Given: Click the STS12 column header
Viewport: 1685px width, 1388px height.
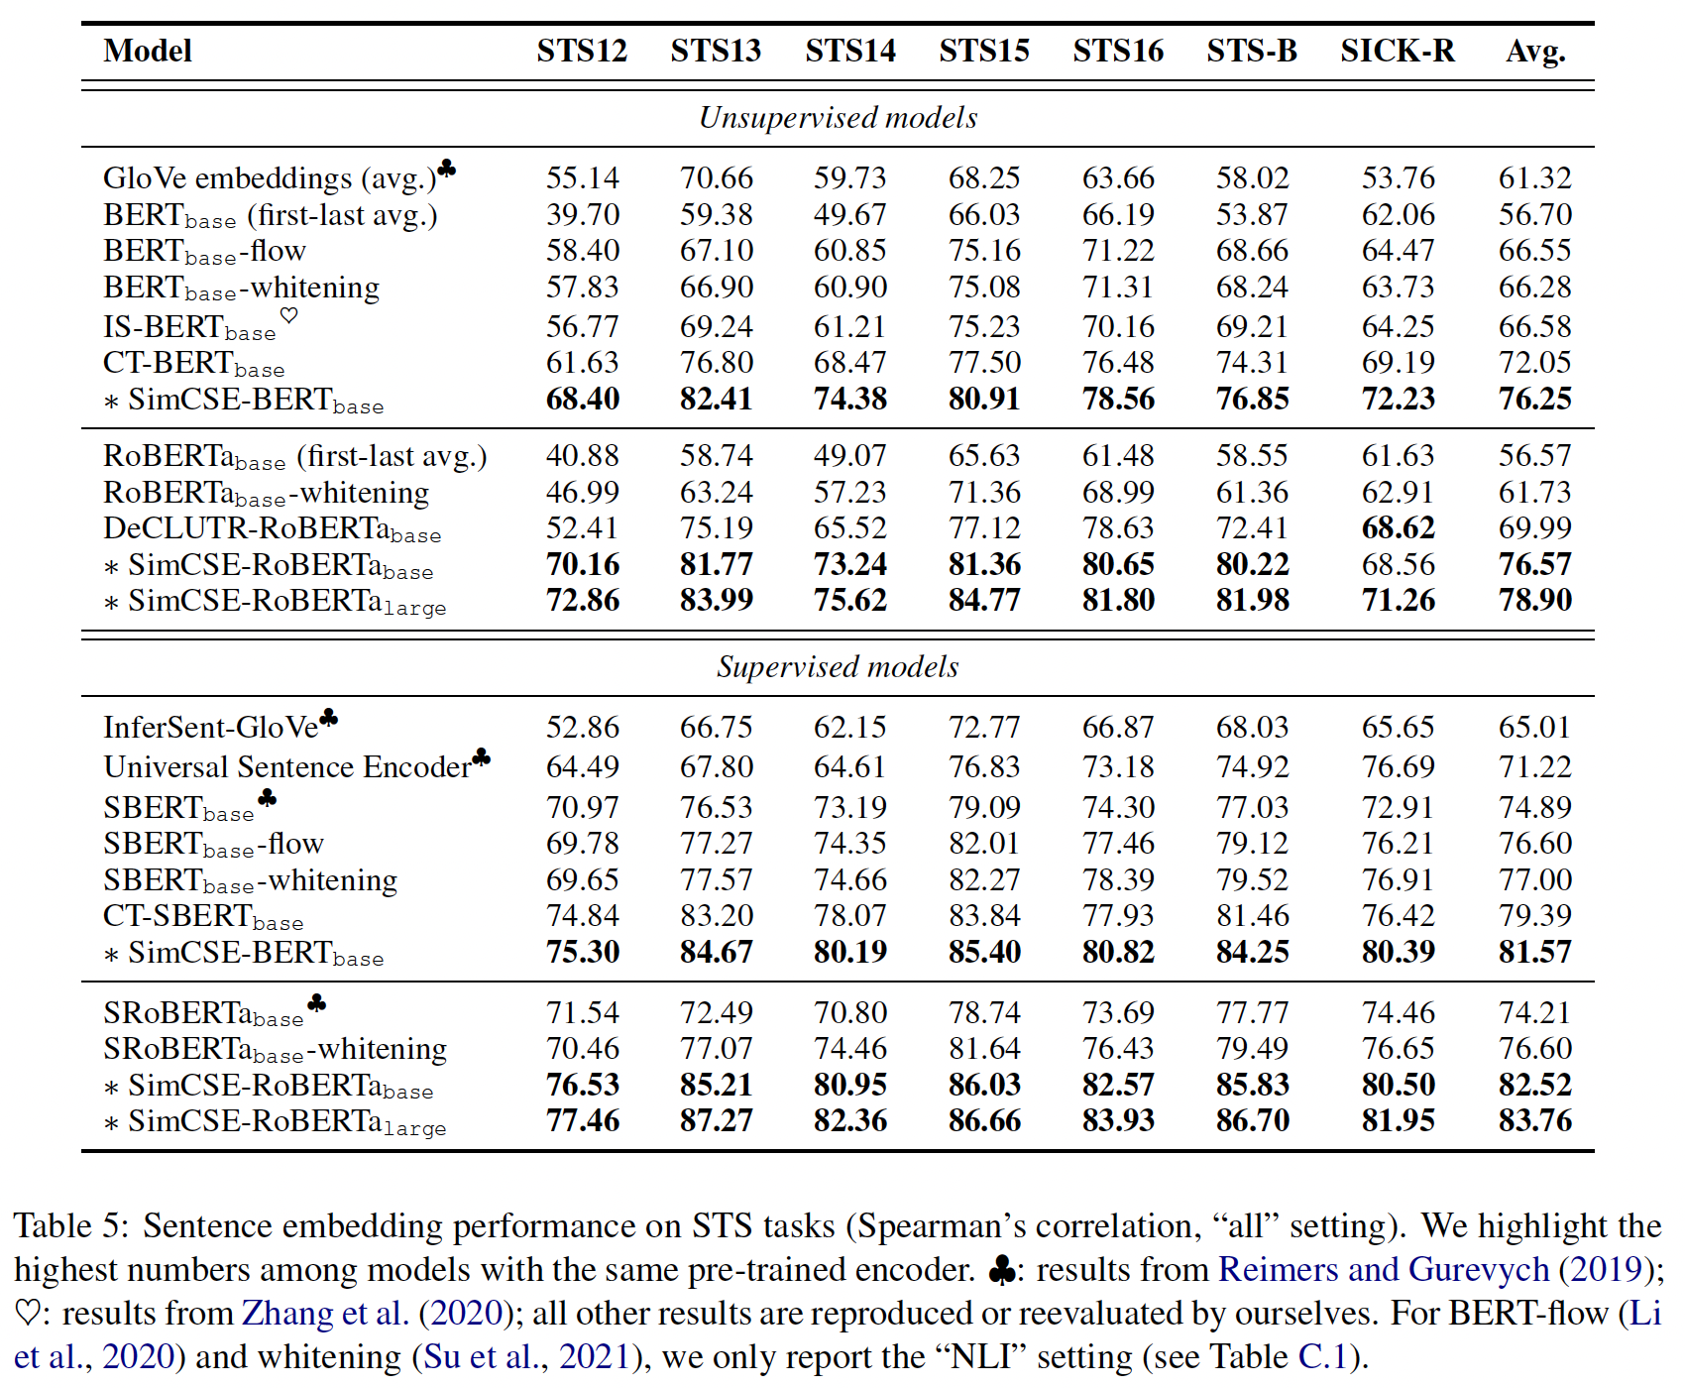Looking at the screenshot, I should click(582, 51).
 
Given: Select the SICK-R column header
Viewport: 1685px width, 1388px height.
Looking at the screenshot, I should click(1398, 51).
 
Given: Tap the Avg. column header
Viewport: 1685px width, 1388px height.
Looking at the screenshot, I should click(1535, 51).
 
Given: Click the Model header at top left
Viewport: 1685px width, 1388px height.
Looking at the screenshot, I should click(148, 51).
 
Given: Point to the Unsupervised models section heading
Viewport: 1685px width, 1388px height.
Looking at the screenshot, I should click(838, 118).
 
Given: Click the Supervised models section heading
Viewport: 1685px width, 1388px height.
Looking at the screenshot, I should click(838, 667).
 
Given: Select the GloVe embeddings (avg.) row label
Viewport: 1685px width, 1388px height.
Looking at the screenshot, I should click(270, 178).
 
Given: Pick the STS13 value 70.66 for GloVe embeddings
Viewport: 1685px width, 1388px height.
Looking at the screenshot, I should click(717, 178).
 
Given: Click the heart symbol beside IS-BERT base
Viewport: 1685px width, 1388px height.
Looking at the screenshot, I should click(288, 315).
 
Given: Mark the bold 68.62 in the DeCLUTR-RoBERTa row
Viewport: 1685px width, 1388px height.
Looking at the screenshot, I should click(1398, 528).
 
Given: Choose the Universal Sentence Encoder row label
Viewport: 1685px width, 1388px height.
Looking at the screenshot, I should click(287, 767).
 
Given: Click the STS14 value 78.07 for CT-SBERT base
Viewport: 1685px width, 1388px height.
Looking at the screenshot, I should click(850, 916).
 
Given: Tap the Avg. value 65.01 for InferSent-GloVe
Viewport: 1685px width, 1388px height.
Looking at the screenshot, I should click(1535, 728).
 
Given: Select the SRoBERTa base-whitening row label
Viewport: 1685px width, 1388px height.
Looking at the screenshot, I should click(276, 1049).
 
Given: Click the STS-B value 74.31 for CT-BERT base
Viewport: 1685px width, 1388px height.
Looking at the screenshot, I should click(1253, 363).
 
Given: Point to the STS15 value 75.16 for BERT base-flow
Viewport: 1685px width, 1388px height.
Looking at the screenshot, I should click(984, 251).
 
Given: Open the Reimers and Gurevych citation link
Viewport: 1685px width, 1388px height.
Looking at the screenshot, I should click(1383, 1270).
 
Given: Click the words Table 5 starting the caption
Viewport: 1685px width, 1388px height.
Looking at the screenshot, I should click(68, 1226).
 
